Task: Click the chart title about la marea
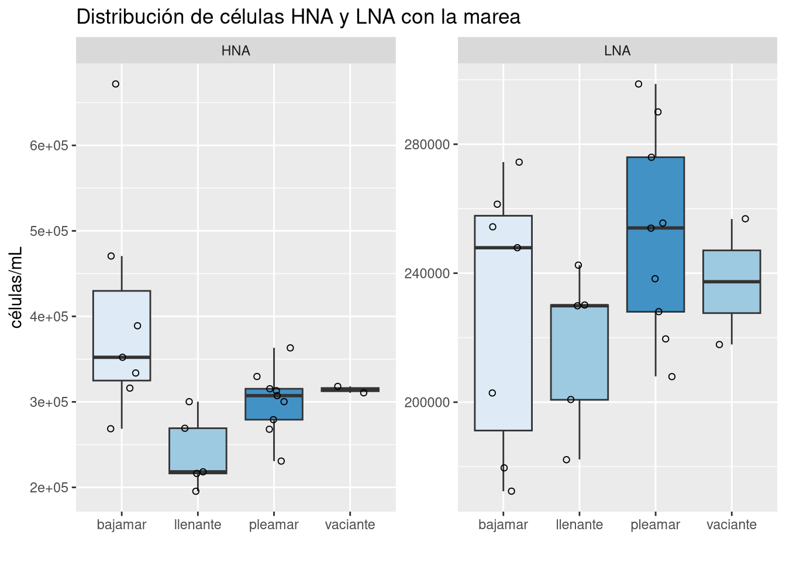(298, 17)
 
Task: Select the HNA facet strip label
(236, 51)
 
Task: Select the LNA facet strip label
(617, 51)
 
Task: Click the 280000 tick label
(427, 145)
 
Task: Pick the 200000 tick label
(427, 402)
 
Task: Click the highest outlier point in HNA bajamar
(116, 84)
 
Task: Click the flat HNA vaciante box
(350, 389)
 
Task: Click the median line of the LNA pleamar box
(655, 228)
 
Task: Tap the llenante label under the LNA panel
(579, 525)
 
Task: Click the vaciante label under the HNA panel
(350, 525)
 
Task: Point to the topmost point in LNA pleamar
(639, 84)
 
